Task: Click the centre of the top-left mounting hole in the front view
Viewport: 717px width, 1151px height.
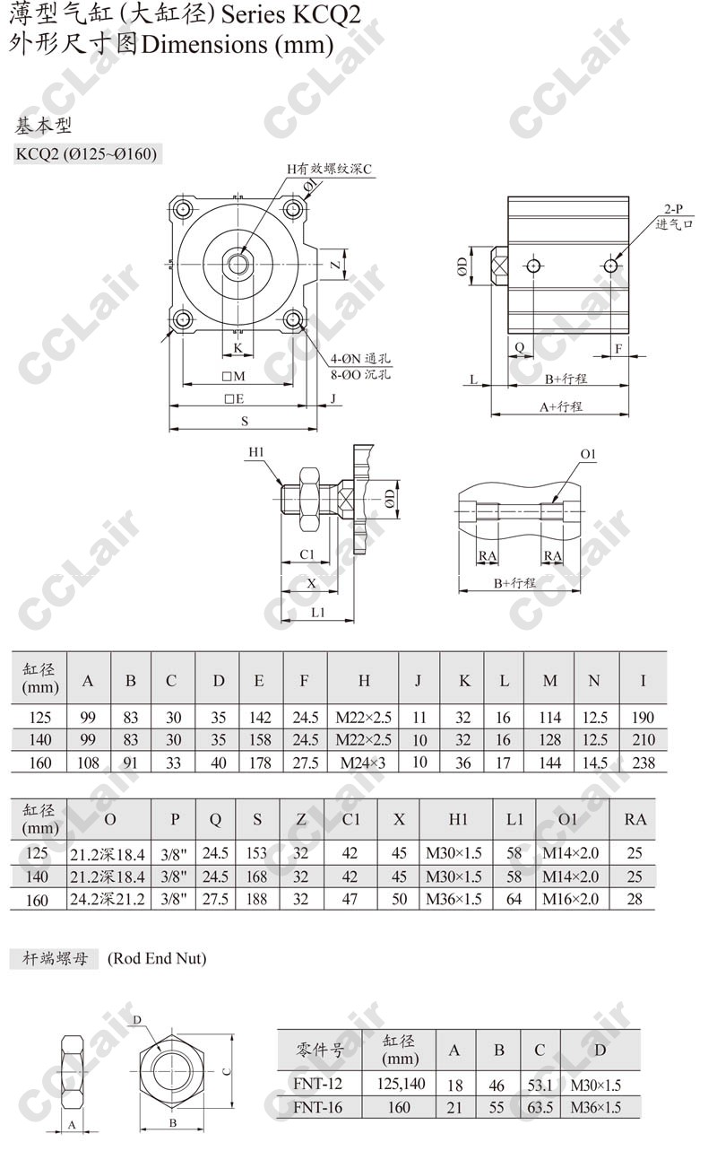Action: click(182, 209)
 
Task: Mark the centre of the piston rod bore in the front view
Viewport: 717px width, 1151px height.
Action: click(238, 264)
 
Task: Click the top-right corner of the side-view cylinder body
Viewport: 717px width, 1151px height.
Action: click(629, 196)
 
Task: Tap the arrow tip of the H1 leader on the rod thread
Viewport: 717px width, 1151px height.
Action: click(281, 484)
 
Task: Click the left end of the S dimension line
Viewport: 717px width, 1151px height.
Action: click(170, 428)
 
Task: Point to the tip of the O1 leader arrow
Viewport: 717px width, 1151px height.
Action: click(553, 502)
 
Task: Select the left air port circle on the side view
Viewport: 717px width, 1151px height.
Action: click(534, 266)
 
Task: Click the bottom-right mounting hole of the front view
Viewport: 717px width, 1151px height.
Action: click(293, 319)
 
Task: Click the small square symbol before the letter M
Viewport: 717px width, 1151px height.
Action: click(226, 377)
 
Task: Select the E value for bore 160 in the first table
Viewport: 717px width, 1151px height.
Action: click(260, 763)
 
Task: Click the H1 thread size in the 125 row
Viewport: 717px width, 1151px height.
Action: click(454, 853)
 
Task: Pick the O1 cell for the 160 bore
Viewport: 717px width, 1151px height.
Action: click(571, 899)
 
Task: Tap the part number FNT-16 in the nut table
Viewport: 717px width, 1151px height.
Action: click(317, 1107)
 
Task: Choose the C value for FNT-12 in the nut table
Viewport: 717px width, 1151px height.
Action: click(540, 1086)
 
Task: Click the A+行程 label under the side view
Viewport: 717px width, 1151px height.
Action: click(561, 407)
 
